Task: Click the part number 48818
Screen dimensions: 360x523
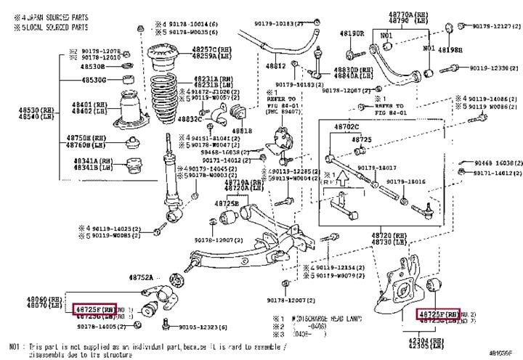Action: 242,131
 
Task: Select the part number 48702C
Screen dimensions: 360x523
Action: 346,126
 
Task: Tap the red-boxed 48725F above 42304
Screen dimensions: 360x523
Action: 437,314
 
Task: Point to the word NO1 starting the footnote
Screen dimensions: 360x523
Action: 15,348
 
